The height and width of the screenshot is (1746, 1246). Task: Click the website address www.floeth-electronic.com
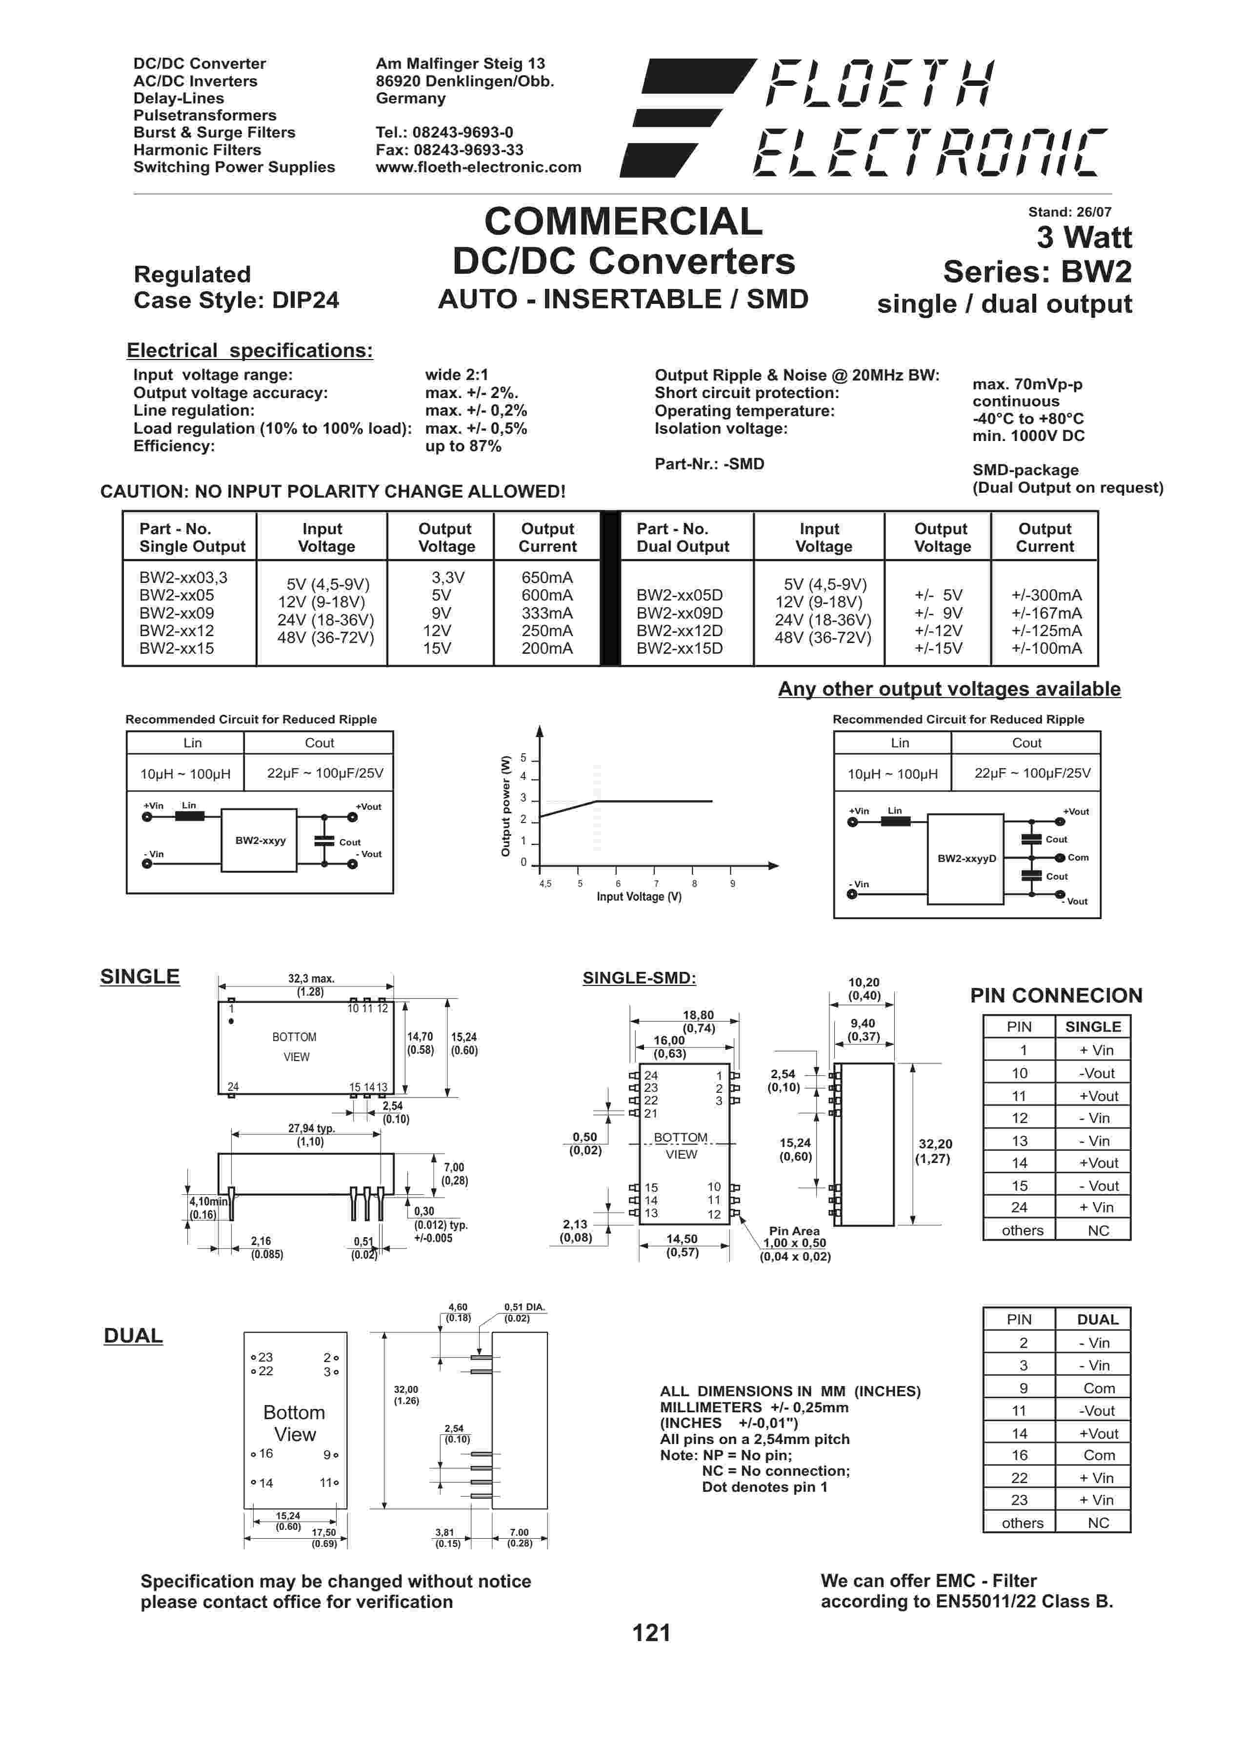pos(478,167)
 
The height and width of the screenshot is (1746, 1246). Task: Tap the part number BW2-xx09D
pos(679,613)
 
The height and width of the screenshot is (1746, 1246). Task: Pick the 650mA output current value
pos(547,578)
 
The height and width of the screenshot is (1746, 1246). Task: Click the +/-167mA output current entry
pos(1046,613)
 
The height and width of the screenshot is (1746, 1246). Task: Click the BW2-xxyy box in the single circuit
pos(260,840)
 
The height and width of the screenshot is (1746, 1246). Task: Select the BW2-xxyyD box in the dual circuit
pos(966,859)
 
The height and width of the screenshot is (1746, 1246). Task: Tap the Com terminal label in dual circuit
pos(1078,858)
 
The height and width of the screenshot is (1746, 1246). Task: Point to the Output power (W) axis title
pos(505,806)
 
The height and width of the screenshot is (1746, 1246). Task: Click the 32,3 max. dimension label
pos(311,979)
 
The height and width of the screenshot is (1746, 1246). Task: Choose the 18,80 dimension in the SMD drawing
pos(698,1015)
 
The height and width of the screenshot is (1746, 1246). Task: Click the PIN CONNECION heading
pos(1056,996)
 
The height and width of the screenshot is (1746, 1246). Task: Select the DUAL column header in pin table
pos(1097,1320)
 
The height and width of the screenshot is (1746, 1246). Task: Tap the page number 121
pos(651,1632)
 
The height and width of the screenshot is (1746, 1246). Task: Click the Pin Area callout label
pos(794,1231)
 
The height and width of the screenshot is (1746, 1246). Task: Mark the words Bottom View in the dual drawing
pos(295,1423)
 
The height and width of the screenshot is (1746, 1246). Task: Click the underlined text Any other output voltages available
pos(949,689)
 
